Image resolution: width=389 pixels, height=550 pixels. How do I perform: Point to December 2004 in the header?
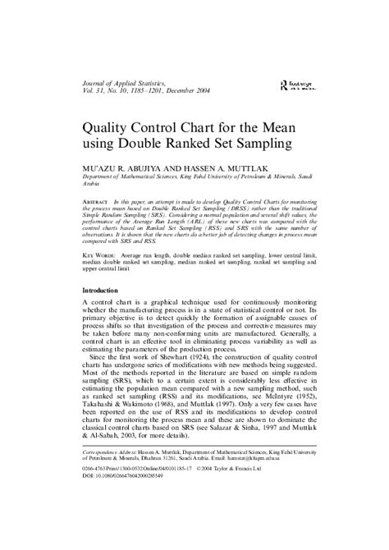[190, 91]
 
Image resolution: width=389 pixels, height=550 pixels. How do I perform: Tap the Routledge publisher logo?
[295, 86]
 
